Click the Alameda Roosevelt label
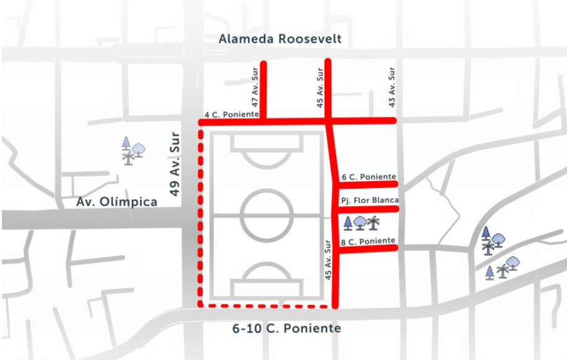(280, 40)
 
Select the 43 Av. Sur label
(392, 87)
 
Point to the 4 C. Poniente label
(232, 114)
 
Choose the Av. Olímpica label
(117, 202)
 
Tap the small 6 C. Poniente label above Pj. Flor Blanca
(368, 177)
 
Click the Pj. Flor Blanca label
(369, 200)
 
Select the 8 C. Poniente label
(368, 240)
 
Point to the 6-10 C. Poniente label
(286, 328)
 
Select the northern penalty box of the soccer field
(266, 142)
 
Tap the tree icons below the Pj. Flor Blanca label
(360, 223)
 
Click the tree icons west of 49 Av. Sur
(132, 150)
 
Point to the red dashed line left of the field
(200, 216)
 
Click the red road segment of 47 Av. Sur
(263, 90)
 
